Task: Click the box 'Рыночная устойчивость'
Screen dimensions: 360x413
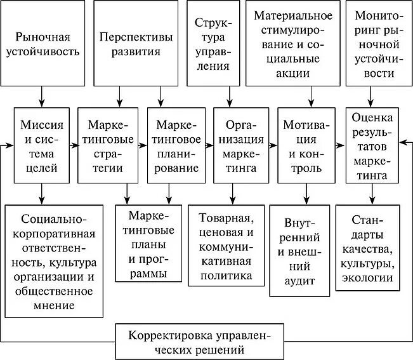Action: pos(43,43)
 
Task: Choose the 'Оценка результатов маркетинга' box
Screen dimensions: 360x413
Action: pos(374,145)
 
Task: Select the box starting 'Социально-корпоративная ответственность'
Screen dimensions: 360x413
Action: pos(53,260)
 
